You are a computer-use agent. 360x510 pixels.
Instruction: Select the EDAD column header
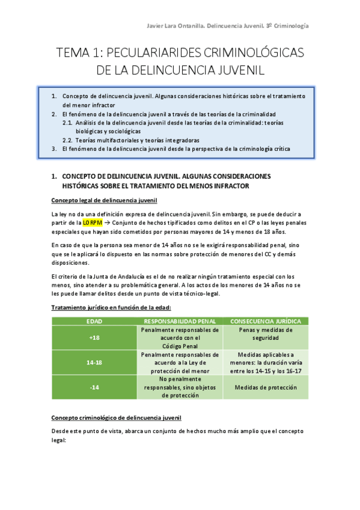tap(94, 321)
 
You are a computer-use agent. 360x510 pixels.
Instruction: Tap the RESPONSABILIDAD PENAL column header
tap(179, 321)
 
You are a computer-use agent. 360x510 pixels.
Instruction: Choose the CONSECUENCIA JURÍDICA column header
tap(266, 321)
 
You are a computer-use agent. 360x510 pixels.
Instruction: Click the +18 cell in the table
tap(94, 337)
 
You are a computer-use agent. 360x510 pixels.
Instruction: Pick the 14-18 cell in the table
tap(94, 363)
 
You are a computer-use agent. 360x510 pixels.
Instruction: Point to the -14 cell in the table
tap(94, 387)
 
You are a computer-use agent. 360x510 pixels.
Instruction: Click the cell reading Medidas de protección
tap(266, 387)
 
